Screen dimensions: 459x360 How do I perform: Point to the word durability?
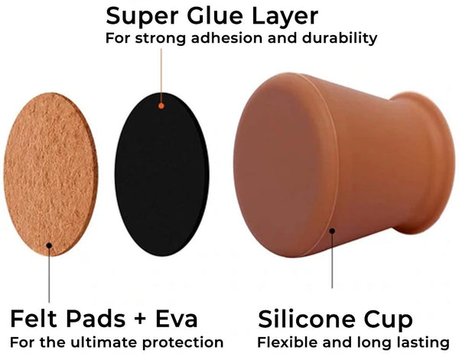(339, 39)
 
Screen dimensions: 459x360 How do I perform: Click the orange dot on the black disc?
(161, 106)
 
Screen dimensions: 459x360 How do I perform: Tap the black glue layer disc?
(162, 174)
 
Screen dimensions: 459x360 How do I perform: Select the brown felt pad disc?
(50, 174)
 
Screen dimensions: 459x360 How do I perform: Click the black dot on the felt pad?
(49, 245)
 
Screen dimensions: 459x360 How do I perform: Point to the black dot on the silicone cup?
(332, 231)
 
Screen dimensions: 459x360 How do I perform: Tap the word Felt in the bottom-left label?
(34, 319)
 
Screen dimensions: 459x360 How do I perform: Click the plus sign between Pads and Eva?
(141, 319)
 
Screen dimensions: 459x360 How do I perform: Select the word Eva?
(176, 319)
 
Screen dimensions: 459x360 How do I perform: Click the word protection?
(183, 342)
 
